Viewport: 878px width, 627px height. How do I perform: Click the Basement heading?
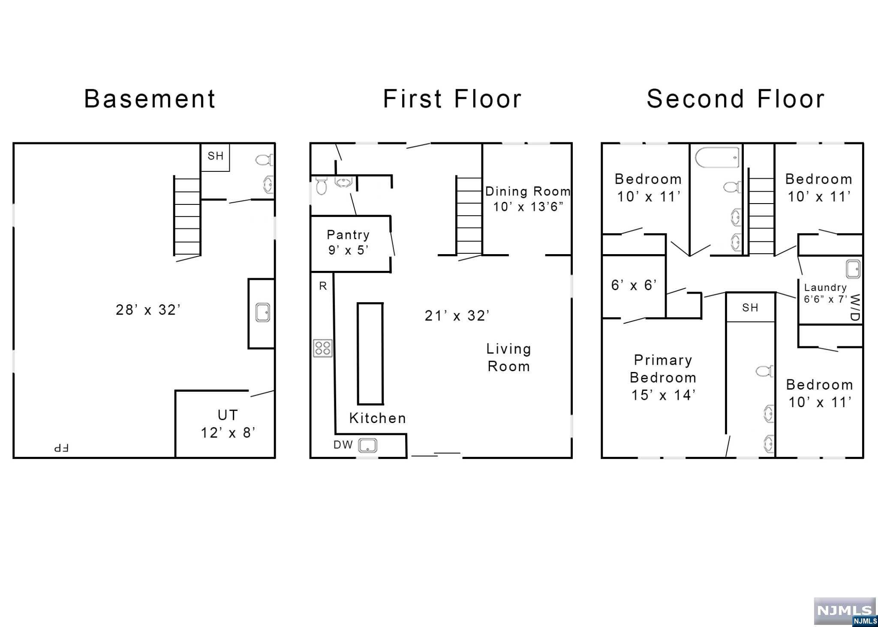[150, 99]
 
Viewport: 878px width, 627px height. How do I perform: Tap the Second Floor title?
[736, 99]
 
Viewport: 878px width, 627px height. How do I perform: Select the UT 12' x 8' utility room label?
[228, 423]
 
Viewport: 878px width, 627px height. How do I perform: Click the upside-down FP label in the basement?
[61, 448]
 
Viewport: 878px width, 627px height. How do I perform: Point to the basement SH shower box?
[215, 157]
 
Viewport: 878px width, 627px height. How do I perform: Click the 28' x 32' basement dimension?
[148, 309]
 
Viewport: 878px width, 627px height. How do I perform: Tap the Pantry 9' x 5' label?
[348, 242]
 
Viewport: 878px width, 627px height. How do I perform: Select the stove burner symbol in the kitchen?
[322, 348]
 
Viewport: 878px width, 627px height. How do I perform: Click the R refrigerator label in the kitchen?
[323, 286]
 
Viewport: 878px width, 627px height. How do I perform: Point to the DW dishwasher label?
[343, 445]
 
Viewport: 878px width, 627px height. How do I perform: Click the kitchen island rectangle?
[370, 354]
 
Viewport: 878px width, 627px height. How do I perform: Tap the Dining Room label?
[528, 191]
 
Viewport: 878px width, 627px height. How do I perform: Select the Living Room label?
[509, 357]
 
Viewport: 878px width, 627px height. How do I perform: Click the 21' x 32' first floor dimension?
[457, 315]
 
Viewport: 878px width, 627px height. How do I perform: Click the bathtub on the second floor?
[717, 158]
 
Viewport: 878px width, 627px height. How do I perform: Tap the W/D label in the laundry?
[855, 307]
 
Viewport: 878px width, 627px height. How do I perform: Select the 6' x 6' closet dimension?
[634, 285]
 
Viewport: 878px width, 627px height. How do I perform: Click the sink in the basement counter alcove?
[262, 312]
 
